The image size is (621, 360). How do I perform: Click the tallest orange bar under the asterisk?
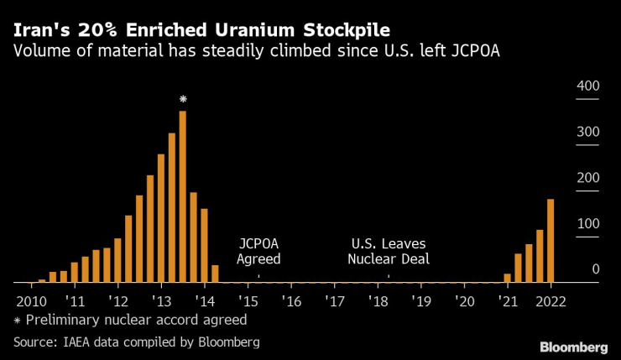click(182, 197)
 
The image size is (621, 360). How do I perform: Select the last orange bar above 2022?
click(551, 241)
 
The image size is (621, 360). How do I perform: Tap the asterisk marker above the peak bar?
click(183, 100)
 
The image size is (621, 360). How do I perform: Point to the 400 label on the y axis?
click(587, 86)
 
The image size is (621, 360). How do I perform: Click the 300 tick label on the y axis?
click(587, 132)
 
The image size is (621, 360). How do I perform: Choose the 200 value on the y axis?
click(587, 178)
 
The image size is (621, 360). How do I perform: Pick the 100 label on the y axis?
click(587, 224)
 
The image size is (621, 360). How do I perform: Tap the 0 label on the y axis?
click(595, 269)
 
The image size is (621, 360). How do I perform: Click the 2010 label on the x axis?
click(31, 300)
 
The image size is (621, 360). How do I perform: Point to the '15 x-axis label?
click(248, 300)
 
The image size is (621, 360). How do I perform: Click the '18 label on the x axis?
click(378, 300)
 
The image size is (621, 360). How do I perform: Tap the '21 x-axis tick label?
click(507, 300)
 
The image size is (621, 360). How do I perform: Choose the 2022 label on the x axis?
click(551, 300)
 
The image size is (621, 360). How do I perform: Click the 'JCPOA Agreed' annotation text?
click(258, 251)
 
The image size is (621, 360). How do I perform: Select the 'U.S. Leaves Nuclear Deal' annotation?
click(389, 251)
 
